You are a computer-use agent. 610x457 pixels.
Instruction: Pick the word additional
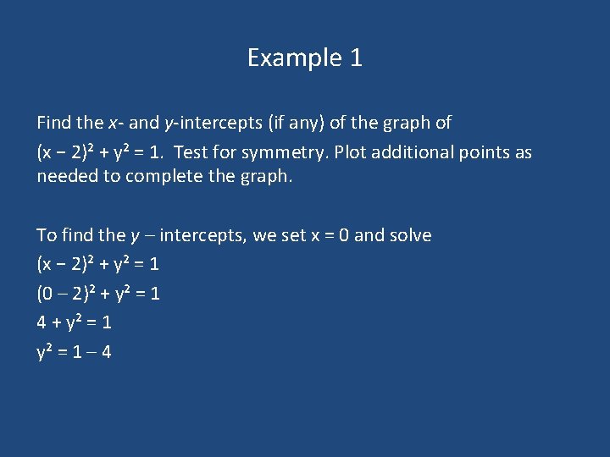(413, 152)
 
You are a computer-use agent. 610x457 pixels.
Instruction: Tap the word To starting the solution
(47, 235)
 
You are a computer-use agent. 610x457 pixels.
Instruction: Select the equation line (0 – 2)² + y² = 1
(98, 294)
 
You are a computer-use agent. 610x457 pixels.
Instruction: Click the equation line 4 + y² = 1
(75, 322)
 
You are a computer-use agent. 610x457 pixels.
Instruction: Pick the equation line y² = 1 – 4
(75, 351)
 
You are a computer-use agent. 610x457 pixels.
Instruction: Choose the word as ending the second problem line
(524, 152)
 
